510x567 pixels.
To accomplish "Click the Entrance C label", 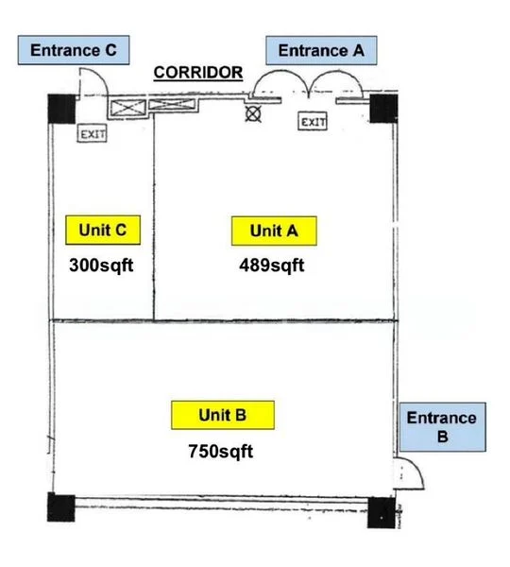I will [x=74, y=50].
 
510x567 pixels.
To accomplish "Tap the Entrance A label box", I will [x=320, y=50].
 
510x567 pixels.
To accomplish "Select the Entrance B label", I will [x=442, y=427].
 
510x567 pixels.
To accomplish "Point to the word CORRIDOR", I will [x=198, y=72].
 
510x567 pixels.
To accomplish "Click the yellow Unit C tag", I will [x=103, y=230].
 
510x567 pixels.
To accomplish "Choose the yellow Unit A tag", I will [x=273, y=231].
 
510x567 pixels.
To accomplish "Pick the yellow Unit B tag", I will [x=222, y=415].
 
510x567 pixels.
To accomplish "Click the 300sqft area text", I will [x=101, y=265].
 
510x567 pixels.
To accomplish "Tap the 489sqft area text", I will [x=272, y=265].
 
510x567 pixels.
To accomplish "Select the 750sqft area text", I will [x=221, y=451].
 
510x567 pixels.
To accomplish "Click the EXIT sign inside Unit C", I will [x=93, y=134].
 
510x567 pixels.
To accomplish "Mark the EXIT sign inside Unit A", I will [x=314, y=122].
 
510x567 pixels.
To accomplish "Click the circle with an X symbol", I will [x=253, y=113].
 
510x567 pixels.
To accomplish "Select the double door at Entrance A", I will [x=312, y=83].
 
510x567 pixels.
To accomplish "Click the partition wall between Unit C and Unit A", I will [x=153, y=217].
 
